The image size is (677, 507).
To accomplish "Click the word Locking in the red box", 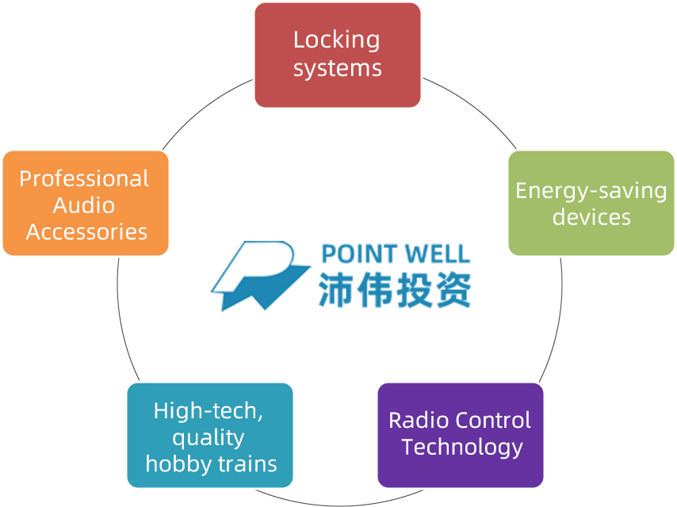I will click(x=337, y=40).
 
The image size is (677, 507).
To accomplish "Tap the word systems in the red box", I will click(x=337, y=68).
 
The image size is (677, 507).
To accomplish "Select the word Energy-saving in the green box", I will click(x=591, y=191).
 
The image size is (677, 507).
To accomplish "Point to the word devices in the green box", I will click(x=591, y=217).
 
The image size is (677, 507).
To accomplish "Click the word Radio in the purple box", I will click(x=408, y=420).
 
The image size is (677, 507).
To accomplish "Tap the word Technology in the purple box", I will click(x=461, y=448).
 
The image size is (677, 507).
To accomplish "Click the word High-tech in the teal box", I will click(x=208, y=411).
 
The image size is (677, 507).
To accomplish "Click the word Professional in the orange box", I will click(x=84, y=179).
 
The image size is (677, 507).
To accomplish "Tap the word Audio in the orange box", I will click(x=84, y=206).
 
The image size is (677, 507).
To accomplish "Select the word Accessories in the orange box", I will click(x=86, y=232).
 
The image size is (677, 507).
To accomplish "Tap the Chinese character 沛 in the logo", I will click(x=336, y=290).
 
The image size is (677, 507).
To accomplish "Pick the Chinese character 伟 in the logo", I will click(x=375, y=290).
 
